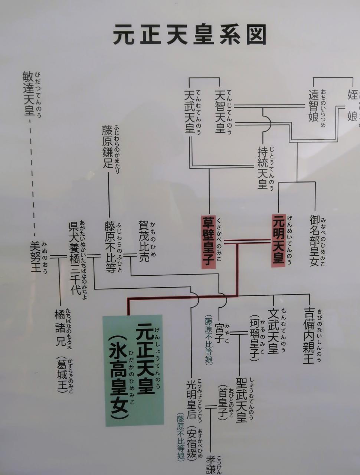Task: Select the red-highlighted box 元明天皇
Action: click(278, 240)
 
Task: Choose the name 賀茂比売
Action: click(144, 241)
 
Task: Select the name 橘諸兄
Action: click(60, 328)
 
